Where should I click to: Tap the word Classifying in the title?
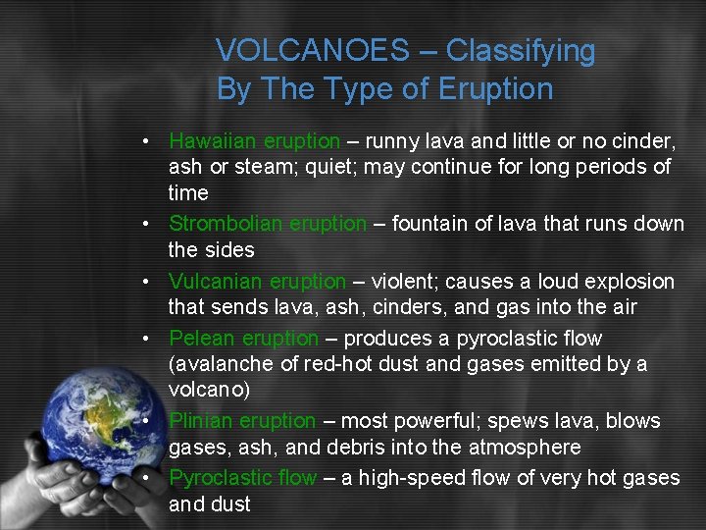(x=522, y=50)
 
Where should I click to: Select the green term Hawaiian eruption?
(x=254, y=140)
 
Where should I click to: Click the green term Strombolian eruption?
(x=267, y=224)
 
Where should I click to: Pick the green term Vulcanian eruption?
(x=257, y=282)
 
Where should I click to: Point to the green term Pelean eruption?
(x=243, y=339)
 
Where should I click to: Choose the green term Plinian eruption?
(x=242, y=421)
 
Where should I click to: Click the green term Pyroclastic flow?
(x=242, y=478)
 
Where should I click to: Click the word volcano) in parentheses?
(x=209, y=390)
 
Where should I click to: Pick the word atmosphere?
(x=525, y=448)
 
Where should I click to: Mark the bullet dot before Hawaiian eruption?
(x=144, y=140)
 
